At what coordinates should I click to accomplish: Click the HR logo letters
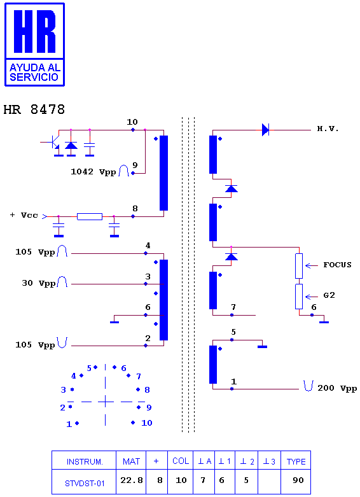coord(35,31)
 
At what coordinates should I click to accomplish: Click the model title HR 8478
coord(34,109)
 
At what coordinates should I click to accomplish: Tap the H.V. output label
coord(328,129)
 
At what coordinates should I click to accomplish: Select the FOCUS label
coord(338,265)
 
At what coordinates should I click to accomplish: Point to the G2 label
coord(329,295)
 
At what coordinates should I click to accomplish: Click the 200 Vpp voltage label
coord(337,388)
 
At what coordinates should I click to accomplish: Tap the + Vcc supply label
coord(24,215)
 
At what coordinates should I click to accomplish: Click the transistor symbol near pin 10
coord(55,143)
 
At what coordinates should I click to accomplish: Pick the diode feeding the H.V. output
coord(265,130)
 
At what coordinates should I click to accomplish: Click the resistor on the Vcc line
coord(90,216)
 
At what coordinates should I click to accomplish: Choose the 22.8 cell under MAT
coord(132,480)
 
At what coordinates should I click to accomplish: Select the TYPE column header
coord(296,462)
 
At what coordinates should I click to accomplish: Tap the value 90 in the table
coord(298,480)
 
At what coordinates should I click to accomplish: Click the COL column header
coord(181,461)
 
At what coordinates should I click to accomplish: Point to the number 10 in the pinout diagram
coord(147,423)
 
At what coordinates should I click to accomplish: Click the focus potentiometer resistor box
coord(299,266)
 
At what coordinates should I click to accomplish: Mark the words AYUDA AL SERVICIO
coord(34,73)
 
